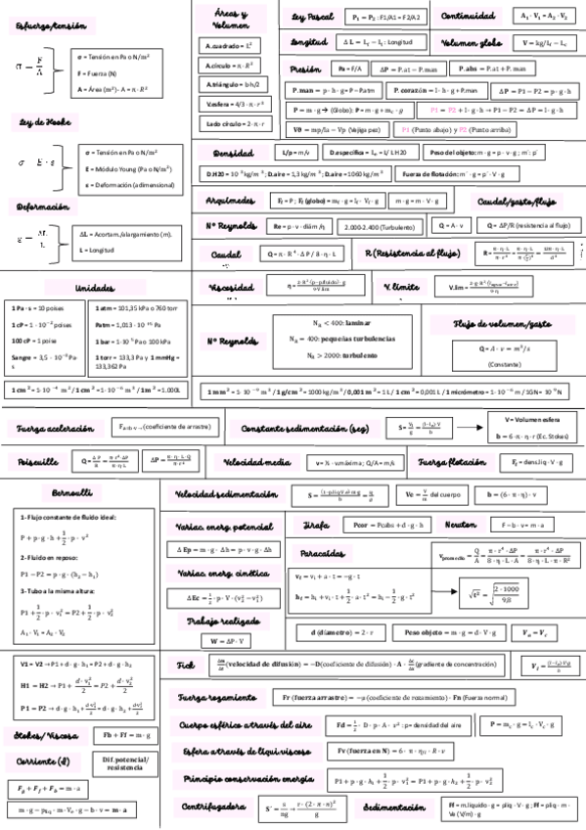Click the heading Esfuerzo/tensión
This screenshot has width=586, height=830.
[44, 25]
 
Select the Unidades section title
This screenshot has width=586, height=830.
[95, 289]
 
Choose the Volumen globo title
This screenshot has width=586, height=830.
[473, 43]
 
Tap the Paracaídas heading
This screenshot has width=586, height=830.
[326, 553]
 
